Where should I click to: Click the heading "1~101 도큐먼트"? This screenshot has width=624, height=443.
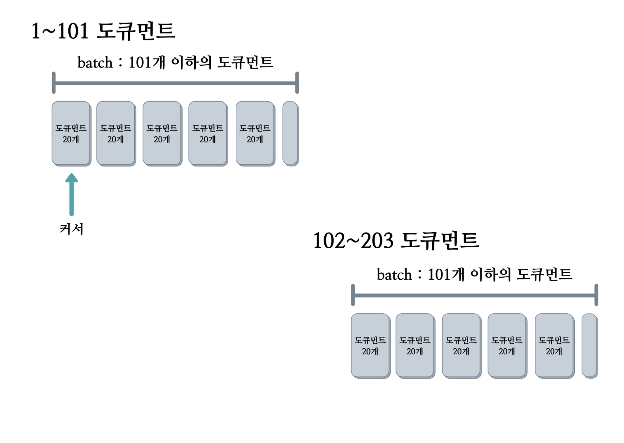103,31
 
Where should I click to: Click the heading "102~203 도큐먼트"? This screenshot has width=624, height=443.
395,240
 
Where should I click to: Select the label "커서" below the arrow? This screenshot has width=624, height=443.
71,229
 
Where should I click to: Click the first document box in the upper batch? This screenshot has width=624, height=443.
71,133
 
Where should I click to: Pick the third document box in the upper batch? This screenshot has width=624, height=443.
162,133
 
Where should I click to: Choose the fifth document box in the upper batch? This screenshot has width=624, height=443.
255,133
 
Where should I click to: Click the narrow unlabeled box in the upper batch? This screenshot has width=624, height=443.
290,133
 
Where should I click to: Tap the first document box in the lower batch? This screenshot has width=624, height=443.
370,345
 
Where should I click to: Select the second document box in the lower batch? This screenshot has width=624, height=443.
415,345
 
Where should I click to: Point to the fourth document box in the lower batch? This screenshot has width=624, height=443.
507,345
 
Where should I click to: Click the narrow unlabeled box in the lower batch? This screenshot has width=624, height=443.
590,345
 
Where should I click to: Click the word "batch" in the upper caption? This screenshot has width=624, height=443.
95,63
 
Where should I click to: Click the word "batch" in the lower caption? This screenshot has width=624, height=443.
394,275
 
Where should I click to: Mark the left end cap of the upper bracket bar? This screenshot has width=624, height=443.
54,83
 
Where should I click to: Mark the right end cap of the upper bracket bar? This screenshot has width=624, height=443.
297,83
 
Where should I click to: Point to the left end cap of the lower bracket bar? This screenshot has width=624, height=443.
353,295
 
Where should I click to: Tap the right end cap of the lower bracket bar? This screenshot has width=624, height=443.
596,295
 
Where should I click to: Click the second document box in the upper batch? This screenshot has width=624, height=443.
116,133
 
